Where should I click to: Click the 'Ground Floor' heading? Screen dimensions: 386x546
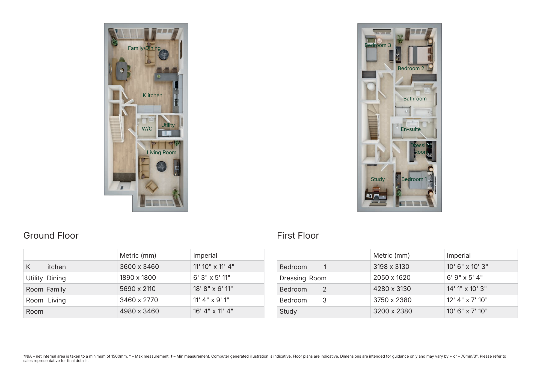(51, 236)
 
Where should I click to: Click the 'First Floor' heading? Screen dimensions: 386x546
(298, 236)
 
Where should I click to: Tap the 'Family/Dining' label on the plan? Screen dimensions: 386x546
(144, 48)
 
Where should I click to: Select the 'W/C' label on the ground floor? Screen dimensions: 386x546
(147, 129)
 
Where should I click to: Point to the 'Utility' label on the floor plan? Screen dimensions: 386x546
(168, 125)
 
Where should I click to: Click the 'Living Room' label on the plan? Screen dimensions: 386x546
(161, 152)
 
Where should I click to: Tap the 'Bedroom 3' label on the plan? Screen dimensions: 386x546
(378, 45)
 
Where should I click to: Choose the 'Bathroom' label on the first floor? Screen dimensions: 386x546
(415, 99)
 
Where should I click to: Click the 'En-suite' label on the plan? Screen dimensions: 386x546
(411, 129)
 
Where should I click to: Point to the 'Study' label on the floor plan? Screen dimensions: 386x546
(378, 179)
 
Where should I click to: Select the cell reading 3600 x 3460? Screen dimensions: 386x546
(139, 266)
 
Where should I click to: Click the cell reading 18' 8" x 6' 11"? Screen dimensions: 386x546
(213, 289)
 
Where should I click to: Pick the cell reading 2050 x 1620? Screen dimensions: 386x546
(392, 278)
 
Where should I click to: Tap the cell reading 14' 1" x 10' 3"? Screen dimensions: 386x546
(467, 289)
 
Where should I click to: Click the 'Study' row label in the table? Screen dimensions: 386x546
(288, 311)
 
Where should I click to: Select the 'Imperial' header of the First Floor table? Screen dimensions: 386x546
(458, 255)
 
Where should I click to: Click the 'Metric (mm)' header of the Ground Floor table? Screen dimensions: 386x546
(138, 255)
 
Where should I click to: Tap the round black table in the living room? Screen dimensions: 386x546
(161, 166)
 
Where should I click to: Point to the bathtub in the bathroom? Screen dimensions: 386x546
(422, 112)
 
